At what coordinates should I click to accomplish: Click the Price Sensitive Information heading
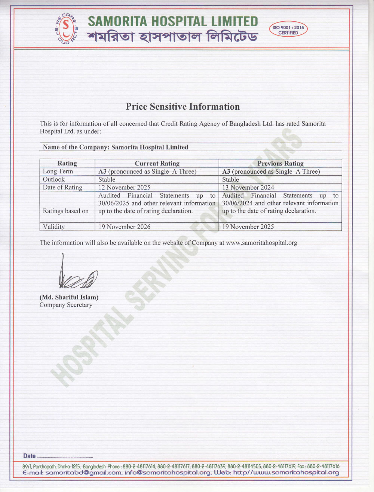[x=183, y=107]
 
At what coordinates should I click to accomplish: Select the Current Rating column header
[x=157, y=163]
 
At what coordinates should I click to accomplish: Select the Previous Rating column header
[x=280, y=163]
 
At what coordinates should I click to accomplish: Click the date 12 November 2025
[x=124, y=187]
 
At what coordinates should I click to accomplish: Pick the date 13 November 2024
[x=248, y=187]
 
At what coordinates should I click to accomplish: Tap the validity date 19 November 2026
[x=124, y=227]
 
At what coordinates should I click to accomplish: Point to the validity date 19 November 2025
[x=248, y=227]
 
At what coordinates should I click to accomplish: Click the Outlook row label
[x=54, y=179]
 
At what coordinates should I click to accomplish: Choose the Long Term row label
[x=58, y=171]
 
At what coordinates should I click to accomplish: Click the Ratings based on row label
[x=66, y=211]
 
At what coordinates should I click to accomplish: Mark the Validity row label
[x=54, y=227]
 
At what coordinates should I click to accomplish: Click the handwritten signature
[x=77, y=275]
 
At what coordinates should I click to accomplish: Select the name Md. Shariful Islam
[x=69, y=297]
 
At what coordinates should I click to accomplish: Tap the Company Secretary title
[x=66, y=305]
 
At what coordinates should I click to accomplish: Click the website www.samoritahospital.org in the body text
[x=261, y=243]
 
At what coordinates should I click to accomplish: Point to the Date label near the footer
[x=29, y=456]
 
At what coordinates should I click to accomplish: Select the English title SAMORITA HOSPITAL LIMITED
[x=173, y=21]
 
